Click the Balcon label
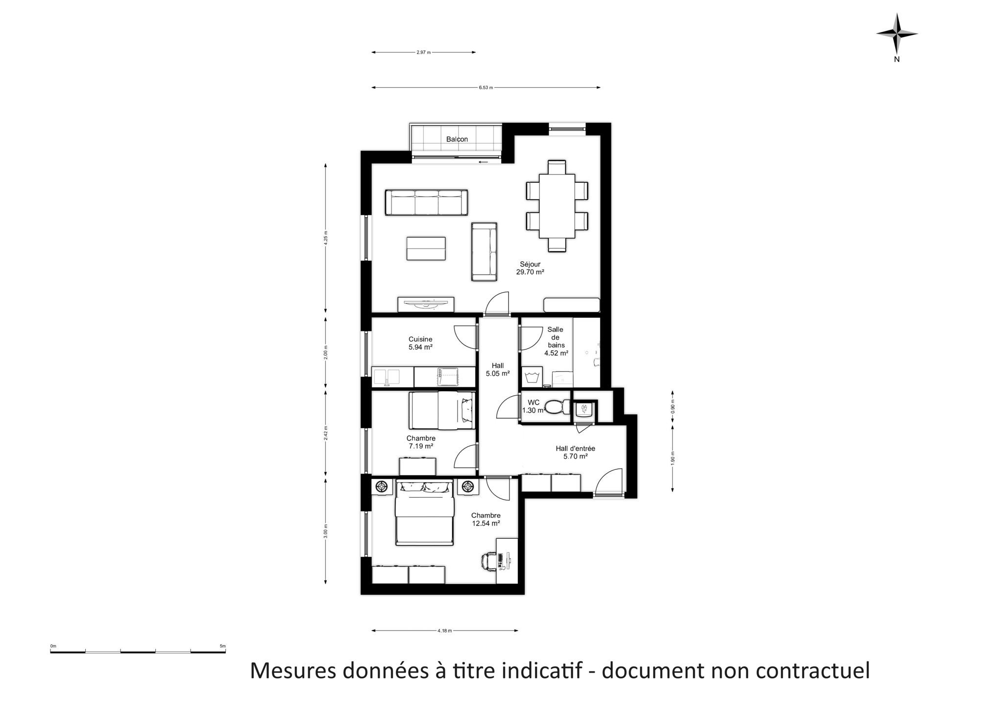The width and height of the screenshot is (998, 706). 457,139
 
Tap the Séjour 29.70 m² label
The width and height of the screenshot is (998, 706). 530,268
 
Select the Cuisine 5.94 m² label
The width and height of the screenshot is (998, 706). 420,343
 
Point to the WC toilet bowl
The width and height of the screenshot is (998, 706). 557,407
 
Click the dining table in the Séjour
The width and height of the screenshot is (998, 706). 557,206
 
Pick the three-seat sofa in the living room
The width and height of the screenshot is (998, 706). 426,202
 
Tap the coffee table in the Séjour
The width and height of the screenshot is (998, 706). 426,249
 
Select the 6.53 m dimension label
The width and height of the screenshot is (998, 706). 486,88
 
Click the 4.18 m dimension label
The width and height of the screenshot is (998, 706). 444,630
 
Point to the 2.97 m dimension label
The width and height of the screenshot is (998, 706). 423,52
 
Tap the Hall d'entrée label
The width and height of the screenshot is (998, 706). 575,449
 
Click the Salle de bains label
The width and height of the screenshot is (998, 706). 556,337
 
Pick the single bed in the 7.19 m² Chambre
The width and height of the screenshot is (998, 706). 442,410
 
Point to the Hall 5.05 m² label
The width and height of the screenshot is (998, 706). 498,370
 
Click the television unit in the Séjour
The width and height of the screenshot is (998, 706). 426,304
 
